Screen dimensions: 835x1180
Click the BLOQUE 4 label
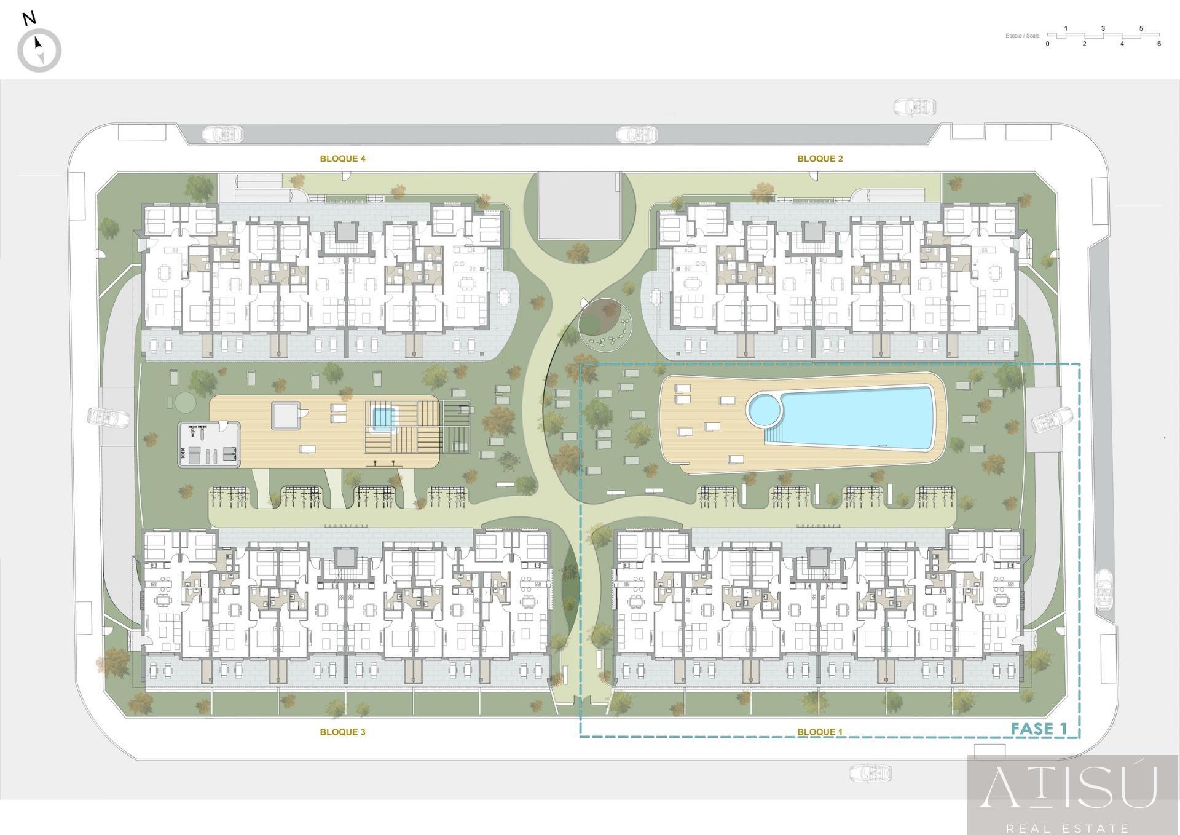click(342, 159)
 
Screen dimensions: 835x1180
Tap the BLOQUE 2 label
click(820, 159)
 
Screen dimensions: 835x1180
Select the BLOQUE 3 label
click(342, 732)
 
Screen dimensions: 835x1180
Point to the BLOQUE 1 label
click(820, 732)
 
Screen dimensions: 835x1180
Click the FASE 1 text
click(1039, 729)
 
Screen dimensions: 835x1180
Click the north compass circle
click(39, 50)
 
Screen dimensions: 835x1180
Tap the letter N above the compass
click(28, 18)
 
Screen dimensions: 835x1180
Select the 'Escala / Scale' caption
click(1022, 36)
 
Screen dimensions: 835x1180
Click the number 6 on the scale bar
click(1159, 44)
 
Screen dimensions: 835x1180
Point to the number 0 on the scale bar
click(1047, 44)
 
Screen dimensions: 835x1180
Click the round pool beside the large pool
click(763, 409)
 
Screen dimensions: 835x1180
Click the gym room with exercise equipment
click(209, 445)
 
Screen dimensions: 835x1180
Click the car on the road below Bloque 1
click(870, 773)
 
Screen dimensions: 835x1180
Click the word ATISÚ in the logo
click(1068, 787)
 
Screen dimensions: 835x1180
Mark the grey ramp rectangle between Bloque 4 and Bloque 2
click(578, 205)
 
